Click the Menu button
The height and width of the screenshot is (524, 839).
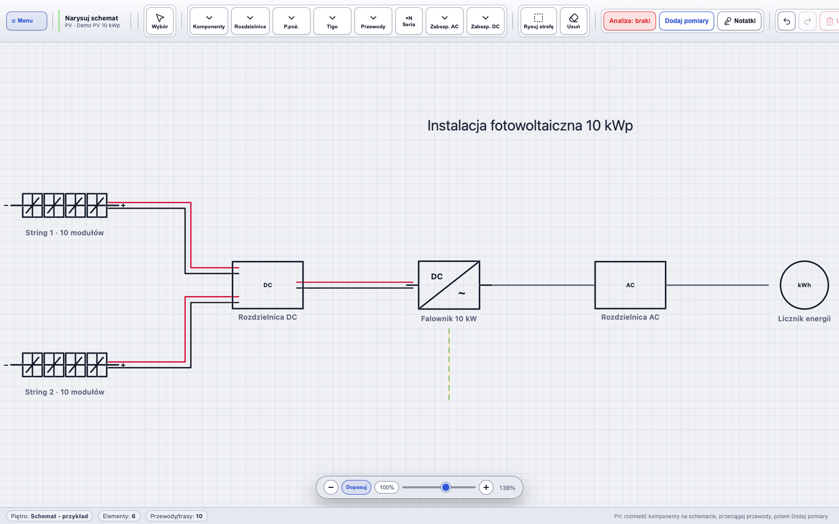pos(27,20)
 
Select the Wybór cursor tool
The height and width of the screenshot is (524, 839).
pos(160,21)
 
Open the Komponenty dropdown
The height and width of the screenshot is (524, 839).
pos(209,21)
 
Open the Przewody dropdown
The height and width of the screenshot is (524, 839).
pos(373,21)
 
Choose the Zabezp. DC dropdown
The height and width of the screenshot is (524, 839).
pos(485,21)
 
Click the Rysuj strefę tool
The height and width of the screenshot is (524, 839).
pos(538,21)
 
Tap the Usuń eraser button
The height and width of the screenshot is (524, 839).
pos(574,21)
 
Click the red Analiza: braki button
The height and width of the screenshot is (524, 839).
pos(630,21)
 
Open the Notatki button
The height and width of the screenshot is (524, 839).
pos(739,21)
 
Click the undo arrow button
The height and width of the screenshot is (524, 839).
pos(787,21)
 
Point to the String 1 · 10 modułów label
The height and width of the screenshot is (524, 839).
pos(64,233)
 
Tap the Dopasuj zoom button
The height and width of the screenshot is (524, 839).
pos(356,487)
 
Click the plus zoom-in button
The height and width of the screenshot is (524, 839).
pos(486,487)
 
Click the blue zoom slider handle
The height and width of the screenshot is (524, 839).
pos(446,487)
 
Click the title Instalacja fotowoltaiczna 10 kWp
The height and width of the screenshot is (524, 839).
pos(530,126)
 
